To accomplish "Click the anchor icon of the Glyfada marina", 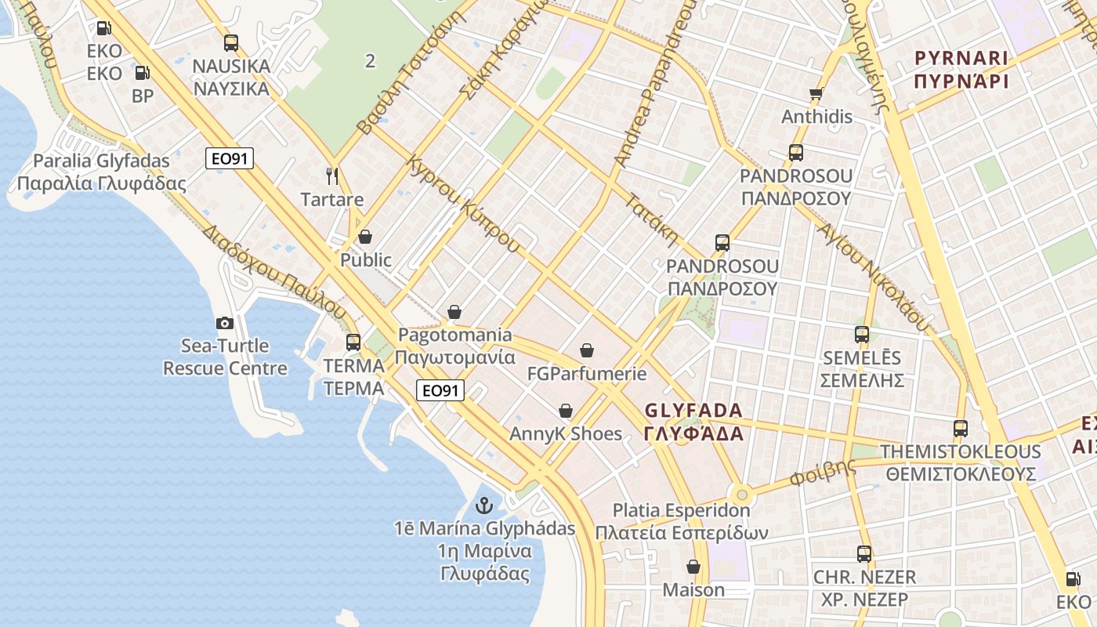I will (483, 506).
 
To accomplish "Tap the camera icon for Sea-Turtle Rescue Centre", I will (225, 323).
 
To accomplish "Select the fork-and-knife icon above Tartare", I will (332, 176).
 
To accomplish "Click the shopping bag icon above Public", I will (365, 236).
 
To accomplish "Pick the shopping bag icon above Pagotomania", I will (454, 312).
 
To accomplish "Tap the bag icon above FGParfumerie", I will (587, 350).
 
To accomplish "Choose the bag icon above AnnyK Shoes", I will (566, 411).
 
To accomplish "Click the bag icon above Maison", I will (693, 566).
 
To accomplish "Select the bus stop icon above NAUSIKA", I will (231, 43).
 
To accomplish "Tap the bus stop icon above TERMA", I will (353, 342).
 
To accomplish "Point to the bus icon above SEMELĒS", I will (862, 335).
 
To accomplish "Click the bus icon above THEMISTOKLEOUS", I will (961, 429).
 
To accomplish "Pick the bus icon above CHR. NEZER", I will (864, 554).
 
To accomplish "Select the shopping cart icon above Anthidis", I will (816, 94).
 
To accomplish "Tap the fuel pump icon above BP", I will (143, 74).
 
